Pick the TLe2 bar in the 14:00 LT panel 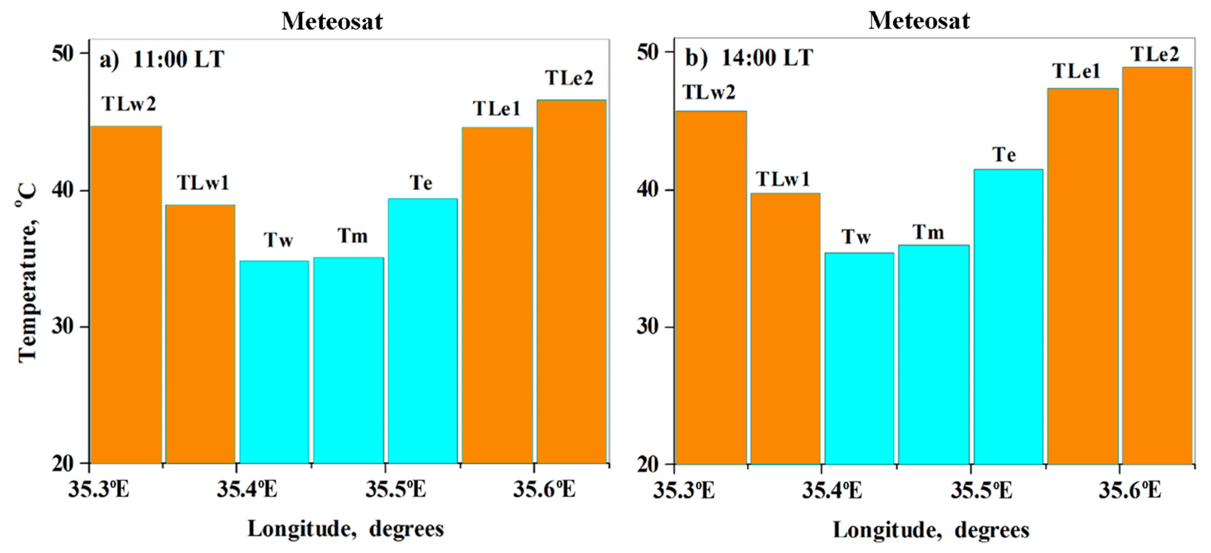click(1157, 266)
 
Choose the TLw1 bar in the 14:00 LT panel click(785, 329)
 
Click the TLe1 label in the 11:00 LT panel click(497, 109)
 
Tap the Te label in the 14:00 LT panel click(1004, 155)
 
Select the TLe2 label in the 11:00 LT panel click(569, 78)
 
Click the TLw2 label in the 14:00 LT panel click(709, 92)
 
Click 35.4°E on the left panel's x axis click(247, 489)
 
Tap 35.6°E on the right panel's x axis click(1130, 491)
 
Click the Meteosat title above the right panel click(919, 21)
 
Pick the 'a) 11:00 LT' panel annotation click(162, 60)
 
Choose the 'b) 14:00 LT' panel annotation click(749, 58)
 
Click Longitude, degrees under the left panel click(346, 529)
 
